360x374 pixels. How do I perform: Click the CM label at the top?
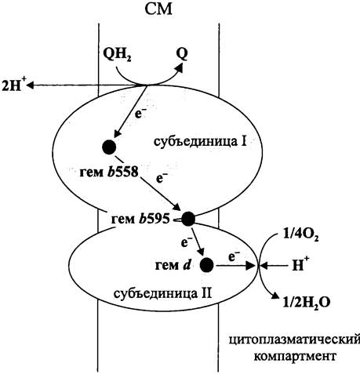click(x=158, y=9)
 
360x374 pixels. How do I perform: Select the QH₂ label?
click(x=117, y=55)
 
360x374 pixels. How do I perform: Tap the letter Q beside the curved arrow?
click(x=182, y=54)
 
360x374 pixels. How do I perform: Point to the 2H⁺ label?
click(x=13, y=85)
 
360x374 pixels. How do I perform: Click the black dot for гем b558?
click(x=109, y=147)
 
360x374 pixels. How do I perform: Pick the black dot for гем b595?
click(x=188, y=219)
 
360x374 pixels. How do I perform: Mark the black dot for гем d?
click(x=207, y=265)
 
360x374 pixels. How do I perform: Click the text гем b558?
click(x=109, y=172)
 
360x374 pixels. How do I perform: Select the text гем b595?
click(x=140, y=219)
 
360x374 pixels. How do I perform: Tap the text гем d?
click(x=173, y=266)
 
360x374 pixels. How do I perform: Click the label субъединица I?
click(x=200, y=141)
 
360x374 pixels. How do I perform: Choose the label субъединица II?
click(x=162, y=293)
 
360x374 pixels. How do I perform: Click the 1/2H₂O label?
click(x=307, y=302)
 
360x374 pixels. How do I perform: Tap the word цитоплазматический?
click(x=295, y=341)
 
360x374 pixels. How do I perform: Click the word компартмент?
click(x=295, y=356)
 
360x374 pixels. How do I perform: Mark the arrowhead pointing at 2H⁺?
click(x=31, y=85)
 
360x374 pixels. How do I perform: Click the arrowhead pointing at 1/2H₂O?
click(x=275, y=296)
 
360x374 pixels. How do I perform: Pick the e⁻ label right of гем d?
click(x=235, y=256)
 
